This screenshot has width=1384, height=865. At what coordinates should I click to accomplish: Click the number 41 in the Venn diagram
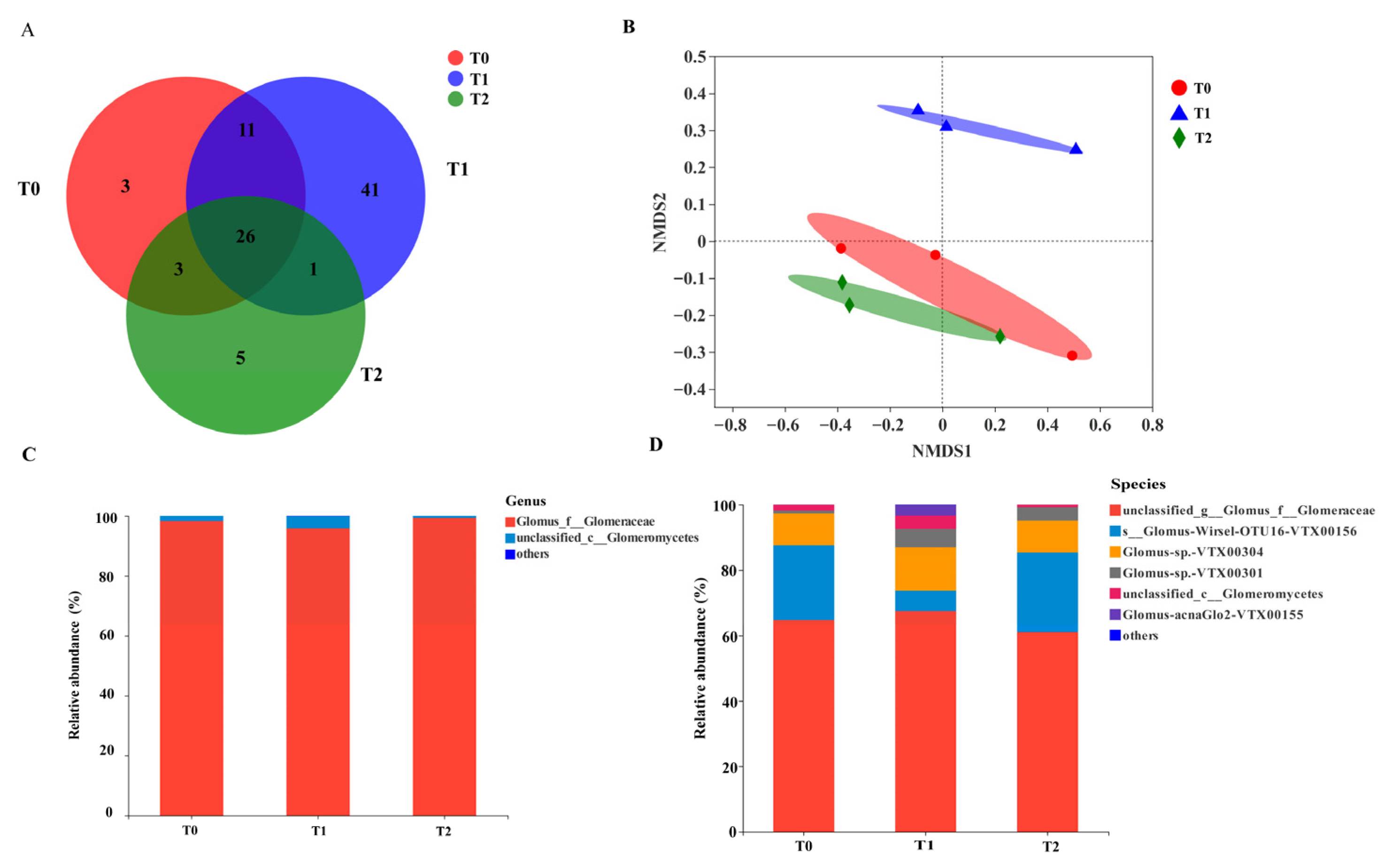(x=370, y=190)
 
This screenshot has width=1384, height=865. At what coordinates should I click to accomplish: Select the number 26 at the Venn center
(x=246, y=236)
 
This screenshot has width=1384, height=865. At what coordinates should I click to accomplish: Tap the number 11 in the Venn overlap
(x=246, y=130)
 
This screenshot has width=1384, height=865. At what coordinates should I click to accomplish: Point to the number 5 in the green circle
(x=240, y=358)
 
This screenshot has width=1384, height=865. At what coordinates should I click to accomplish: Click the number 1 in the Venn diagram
(x=313, y=269)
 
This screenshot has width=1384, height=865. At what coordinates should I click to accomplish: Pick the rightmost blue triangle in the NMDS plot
(x=1076, y=149)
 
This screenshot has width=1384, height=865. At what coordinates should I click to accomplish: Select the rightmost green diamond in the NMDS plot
(x=1000, y=336)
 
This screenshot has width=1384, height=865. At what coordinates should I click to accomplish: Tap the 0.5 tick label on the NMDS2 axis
(x=695, y=57)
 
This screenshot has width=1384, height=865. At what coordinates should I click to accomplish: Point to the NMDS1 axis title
(x=942, y=451)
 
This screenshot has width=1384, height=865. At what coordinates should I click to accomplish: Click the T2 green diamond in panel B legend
(x=1179, y=138)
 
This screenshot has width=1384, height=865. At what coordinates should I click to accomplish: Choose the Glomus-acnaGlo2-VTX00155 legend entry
(x=1212, y=615)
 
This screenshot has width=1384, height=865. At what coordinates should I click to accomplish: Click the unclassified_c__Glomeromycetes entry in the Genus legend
(x=607, y=538)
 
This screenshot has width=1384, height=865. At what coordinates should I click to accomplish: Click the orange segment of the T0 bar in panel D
(x=803, y=529)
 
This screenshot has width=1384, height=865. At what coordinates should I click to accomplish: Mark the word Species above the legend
(x=1138, y=484)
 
